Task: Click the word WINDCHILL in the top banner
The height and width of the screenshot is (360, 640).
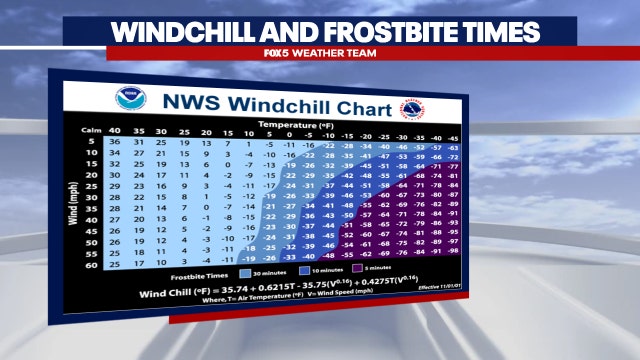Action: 180,29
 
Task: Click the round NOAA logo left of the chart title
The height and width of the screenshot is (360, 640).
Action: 129,99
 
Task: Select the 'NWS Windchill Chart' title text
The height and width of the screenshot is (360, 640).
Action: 266,101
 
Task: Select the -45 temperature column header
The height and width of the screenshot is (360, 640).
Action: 453,135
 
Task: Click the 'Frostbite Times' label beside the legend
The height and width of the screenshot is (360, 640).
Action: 203,273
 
